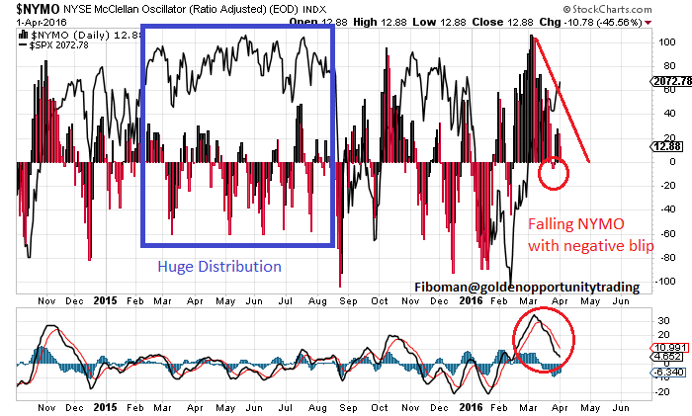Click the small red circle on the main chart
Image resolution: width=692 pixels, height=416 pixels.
555,175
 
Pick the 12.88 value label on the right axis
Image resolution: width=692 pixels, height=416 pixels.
664,146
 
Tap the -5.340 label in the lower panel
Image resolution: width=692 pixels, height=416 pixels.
664,373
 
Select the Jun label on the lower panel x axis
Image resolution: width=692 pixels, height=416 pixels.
622,406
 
